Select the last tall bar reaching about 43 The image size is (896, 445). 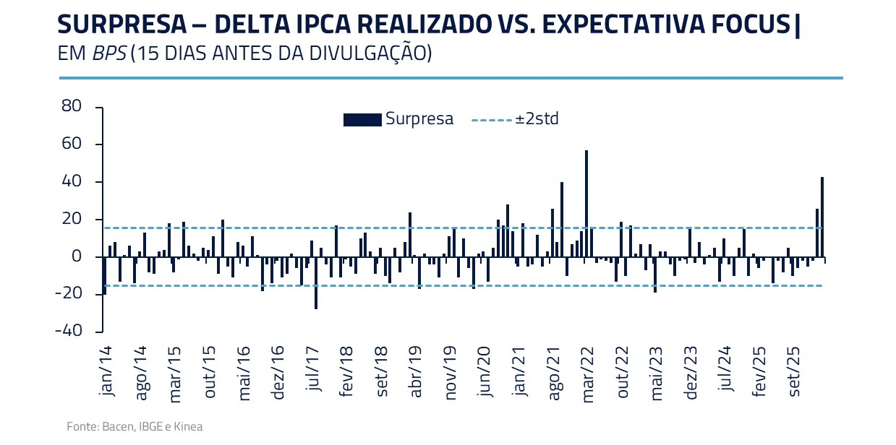pyautogui.click(x=822, y=217)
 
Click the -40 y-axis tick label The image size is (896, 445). pyautogui.click(x=69, y=332)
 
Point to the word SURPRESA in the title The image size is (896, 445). pyautogui.click(x=121, y=25)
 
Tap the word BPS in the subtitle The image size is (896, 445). pyautogui.click(x=109, y=54)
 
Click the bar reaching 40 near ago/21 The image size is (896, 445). pyautogui.click(x=562, y=220)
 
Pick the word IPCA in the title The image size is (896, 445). pyautogui.click(x=331, y=25)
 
